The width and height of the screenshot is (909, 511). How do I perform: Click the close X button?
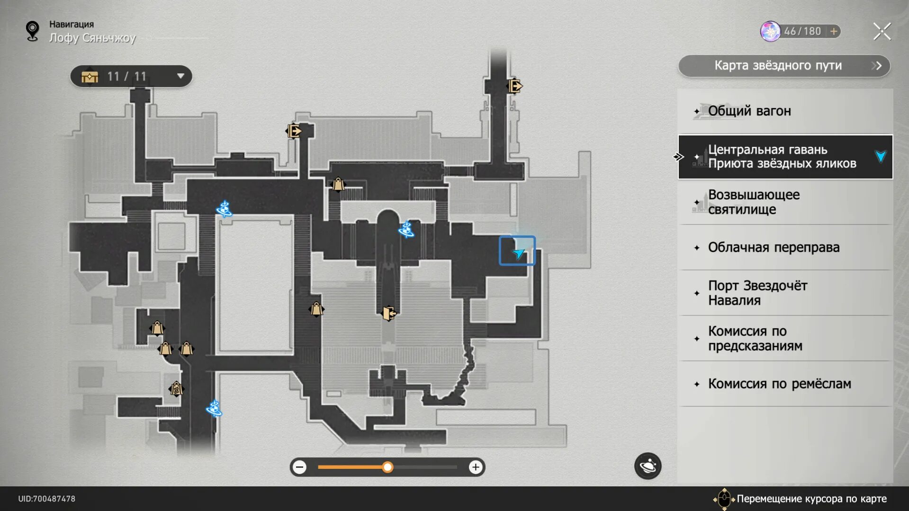[882, 32]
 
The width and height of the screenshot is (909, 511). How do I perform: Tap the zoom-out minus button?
[299, 467]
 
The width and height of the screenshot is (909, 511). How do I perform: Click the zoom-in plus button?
[475, 467]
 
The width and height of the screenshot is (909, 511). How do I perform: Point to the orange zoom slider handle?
[387, 467]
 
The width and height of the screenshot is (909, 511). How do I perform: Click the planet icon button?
[648, 466]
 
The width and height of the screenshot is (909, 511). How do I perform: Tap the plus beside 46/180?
[834, 31]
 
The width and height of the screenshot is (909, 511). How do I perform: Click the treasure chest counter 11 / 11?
[131, 76]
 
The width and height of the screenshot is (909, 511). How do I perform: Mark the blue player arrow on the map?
[518, 253]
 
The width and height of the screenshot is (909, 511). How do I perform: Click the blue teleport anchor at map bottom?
[214, 408]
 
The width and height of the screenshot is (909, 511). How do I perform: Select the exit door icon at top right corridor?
[515, 86]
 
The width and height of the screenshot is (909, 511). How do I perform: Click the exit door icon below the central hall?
[388, 313]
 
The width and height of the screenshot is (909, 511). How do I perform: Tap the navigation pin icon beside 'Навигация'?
[32, 31]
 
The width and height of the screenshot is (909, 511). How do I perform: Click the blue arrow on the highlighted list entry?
[881, 157]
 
